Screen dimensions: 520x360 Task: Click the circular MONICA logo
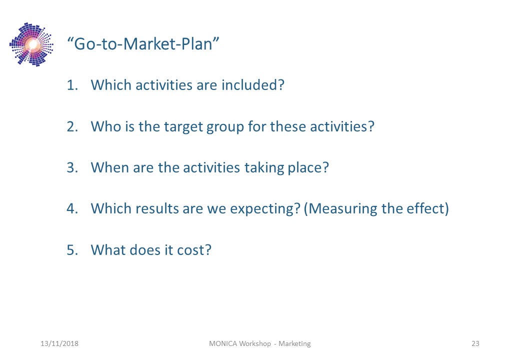tap(31, 44)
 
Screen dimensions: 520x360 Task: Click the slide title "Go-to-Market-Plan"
tap(143, 44)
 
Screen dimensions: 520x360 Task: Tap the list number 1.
tap(72, 85)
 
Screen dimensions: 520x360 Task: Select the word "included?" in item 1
tap(252, 85)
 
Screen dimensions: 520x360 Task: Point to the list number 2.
tap(72, 126)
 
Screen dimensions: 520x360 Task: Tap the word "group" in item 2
tap(225, 128)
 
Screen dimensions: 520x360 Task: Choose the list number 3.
tap(72, 167)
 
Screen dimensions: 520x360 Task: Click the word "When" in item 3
tap(110, 167)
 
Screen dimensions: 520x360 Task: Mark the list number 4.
tap(72, 209)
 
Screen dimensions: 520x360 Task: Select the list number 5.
tap(72, 250)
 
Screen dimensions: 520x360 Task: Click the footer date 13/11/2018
tap(59, 344)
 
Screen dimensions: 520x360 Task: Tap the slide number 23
tap(475, 344)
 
